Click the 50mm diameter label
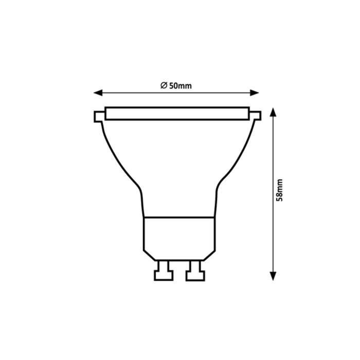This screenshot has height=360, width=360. coord(176,85)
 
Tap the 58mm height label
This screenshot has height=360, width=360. coord(280,191)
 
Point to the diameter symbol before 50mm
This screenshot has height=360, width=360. coord(163,85)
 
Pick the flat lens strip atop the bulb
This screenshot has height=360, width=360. coord(177,113)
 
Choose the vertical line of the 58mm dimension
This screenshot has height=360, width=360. coord(273,154)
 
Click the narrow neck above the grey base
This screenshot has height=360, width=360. coord(179,203)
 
